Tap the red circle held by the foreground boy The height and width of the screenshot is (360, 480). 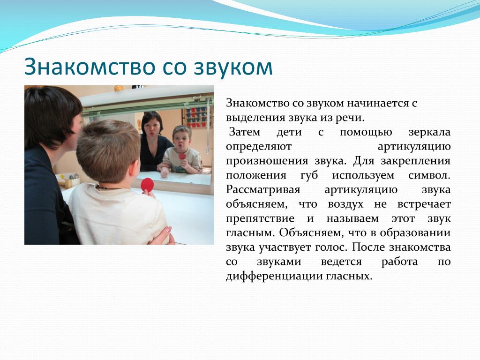[147, 185]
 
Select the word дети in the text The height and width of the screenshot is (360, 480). [289, 133]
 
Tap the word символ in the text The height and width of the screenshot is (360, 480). [429, 176]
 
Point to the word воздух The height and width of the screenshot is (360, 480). [345, 204]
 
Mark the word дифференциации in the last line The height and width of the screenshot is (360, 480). [273, 277]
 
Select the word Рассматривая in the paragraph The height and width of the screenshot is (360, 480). [263, 190]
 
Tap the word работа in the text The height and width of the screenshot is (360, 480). [399, 262]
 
